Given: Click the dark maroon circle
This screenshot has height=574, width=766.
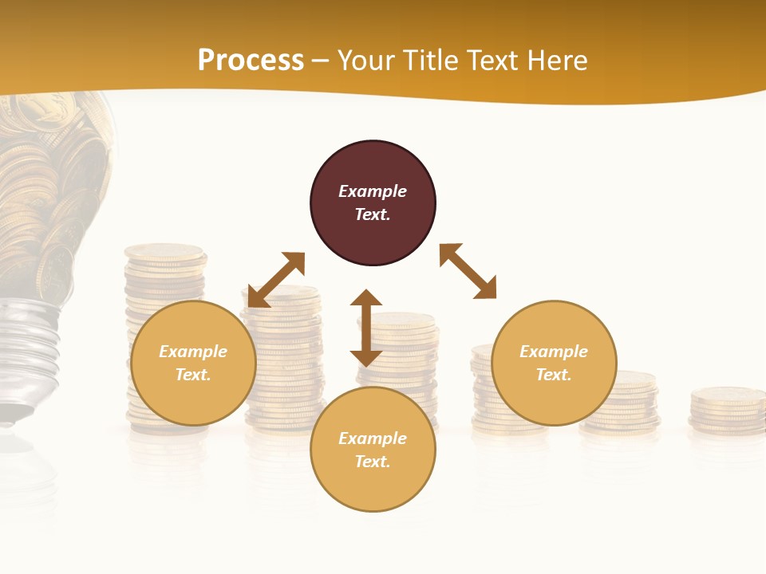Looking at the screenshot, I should coord(373,203).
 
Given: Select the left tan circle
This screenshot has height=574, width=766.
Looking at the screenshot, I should coord(193,363).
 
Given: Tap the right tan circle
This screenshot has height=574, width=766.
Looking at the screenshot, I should coord(554,363).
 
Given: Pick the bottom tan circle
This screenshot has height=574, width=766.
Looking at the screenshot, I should coord(373,450).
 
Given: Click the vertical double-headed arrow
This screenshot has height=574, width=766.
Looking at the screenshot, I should coord(366,328).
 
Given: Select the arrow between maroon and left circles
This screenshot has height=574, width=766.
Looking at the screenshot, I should coord(276,280).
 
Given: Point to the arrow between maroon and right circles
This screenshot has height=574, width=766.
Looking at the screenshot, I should coord(468,271).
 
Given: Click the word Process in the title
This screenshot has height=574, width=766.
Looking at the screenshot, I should coord(251,61).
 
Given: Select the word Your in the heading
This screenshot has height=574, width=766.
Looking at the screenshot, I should coord(366,61).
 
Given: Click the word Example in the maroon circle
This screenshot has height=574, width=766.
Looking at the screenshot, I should coord(373,191).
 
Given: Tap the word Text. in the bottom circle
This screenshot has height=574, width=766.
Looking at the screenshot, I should coord(373,462).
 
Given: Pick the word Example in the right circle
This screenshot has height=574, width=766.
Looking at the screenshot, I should coord(554,352).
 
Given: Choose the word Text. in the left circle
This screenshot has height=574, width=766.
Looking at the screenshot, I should coord(193,375).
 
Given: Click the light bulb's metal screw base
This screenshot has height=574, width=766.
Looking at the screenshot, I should coord(28,351).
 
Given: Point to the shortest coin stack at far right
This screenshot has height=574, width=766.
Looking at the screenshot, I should coord(727,410).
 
